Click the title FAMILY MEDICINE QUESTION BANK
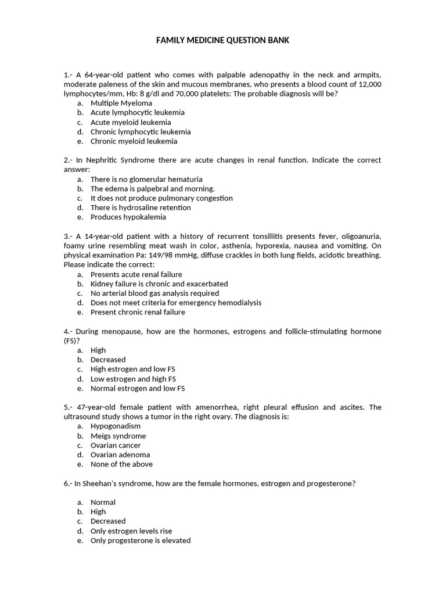pos(222,40)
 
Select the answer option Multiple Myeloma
pos(121,103)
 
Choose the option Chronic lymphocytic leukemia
pos(141,131)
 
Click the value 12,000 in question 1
pos(369,84)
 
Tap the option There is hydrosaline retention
pos(141,207)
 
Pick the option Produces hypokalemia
pos(128,217)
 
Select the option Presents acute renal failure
pos(136,274)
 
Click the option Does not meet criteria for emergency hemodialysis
pos(176,302)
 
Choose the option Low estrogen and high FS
pos(133,379)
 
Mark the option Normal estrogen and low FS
pos(138,388)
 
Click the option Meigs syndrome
pos(118,436)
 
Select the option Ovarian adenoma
pos(120,454)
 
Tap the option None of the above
pos(121,464)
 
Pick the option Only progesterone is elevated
pos(141,540)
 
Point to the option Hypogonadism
pos(116,426)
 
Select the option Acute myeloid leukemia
pos(131,122)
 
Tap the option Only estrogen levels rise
pos(131,531)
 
